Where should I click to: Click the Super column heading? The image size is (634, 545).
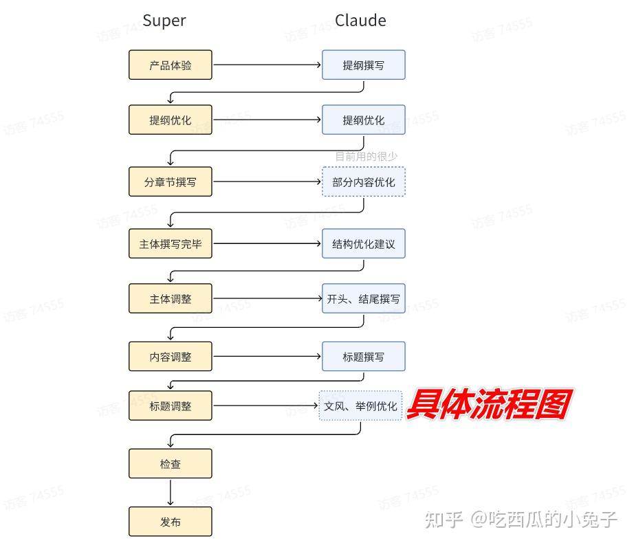(x=164, y=21)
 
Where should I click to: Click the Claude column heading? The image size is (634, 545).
(x=360, y=21)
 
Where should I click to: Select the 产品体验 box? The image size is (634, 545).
(x=171, y=65)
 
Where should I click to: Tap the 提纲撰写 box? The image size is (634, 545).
(x=364, y=65)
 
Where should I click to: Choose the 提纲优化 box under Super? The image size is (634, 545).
(x=171, y=120)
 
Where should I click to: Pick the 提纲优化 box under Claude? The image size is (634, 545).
(x=364, y=120)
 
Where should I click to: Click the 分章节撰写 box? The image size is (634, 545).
(x=171, y=182)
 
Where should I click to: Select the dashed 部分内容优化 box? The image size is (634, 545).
(x=364, y=182)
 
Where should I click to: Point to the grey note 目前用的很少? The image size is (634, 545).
(x=366, y=157)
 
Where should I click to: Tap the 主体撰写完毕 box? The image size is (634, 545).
(x=171, y=244)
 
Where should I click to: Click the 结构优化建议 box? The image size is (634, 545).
(x=364, y=244)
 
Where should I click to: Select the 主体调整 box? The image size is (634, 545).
(x=171, y=299)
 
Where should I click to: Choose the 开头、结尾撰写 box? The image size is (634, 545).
(x=364, y=299)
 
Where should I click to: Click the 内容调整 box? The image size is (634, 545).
(x=171, y=357)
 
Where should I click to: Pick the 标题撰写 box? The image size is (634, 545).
(x=364, y=357)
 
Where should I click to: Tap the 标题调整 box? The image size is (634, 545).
(x=171, y=405)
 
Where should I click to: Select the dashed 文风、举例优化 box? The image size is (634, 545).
(x=360, y=405)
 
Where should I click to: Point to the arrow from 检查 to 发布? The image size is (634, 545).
(x=171, y=493)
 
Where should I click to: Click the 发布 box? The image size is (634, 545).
(x=171, y=522)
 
